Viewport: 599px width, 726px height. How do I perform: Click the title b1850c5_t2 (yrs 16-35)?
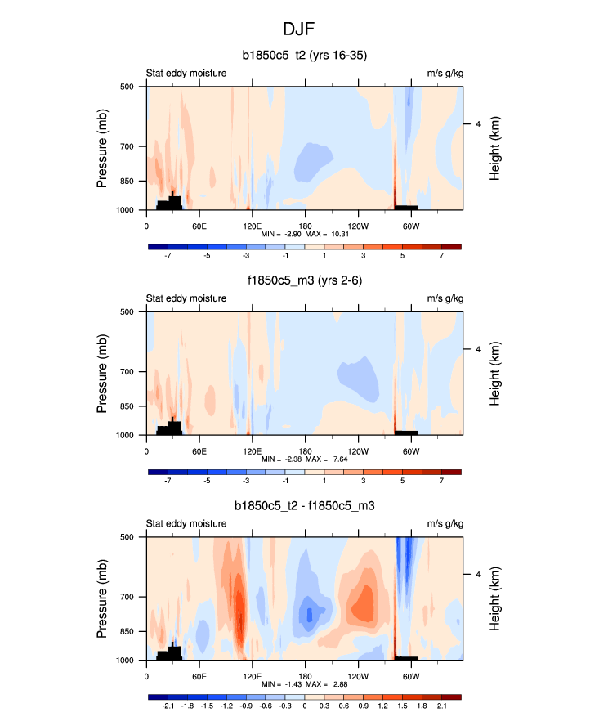click(304, 56)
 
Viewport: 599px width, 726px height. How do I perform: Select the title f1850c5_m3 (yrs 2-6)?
click(304, 281)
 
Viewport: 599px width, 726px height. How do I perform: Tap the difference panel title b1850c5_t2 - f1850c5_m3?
click(304, 506)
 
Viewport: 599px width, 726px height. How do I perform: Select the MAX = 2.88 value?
click(327, 684)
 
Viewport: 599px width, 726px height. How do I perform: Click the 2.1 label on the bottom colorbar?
click(441, 706)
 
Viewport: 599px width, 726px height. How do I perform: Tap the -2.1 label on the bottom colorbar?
click(168, 706)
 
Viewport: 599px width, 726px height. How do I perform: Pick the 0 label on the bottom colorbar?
click(305, 706)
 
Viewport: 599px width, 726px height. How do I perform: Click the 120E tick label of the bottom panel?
click(252, 675)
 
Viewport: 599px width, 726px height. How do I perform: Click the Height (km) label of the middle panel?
click(496, 373)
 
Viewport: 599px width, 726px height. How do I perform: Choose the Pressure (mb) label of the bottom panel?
click(103, 598)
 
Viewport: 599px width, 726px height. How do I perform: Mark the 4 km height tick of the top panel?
click(477, 124)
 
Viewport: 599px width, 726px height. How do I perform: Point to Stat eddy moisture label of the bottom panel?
click(186, 523)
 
